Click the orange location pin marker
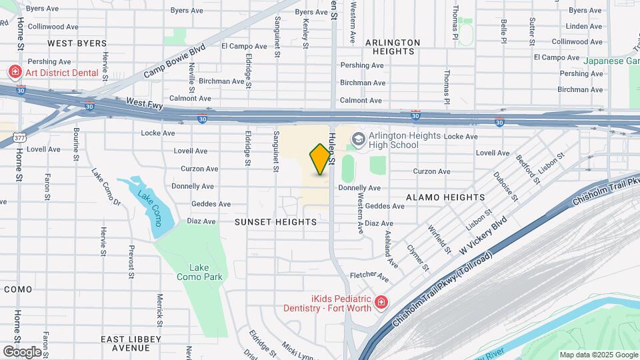(x=321, y=159)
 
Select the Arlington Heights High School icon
(x=358, y=139)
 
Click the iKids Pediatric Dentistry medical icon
(x=381, y=303)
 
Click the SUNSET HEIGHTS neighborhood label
(x=275, y=221)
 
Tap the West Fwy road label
(x=145, y=102)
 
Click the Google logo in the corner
(x=22, y=351)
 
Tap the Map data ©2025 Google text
(x=598, y=355)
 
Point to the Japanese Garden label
(x=611, y=61)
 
